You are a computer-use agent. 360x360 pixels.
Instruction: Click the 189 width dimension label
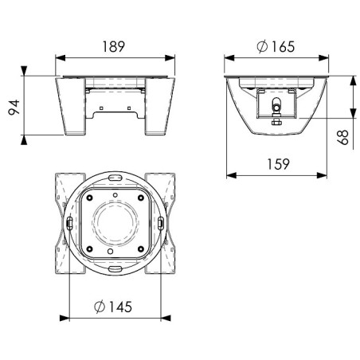coord(113,46)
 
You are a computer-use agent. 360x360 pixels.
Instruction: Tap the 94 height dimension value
coord(14,108)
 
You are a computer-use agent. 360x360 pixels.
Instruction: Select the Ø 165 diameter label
coord(276,46)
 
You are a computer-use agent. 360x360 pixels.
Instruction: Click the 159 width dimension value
coord(278,164)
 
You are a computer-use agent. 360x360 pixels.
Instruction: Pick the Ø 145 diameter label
coord(113,307)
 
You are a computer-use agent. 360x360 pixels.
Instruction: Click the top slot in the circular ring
coord(115,177)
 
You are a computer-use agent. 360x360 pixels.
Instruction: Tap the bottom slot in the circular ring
coord(115,268)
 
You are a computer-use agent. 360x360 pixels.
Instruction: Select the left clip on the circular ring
coord(69,223)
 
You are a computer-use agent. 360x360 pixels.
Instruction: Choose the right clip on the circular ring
coord(161,223)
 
